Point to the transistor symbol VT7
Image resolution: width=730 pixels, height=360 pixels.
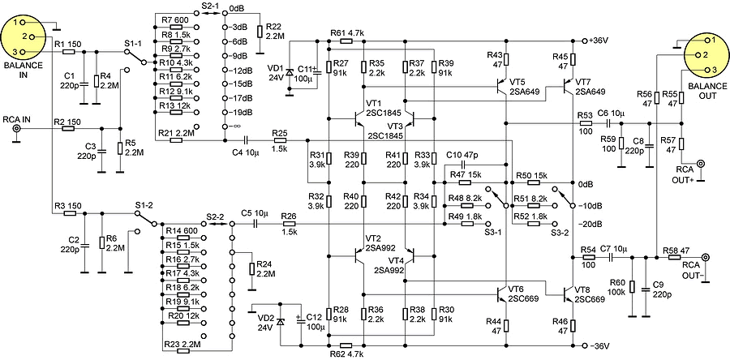568,90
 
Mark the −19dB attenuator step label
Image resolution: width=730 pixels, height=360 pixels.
241,112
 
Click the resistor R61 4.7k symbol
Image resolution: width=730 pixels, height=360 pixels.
346,41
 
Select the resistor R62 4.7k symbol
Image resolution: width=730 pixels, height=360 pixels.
346,345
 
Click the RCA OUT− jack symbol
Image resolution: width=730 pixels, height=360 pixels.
705,258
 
